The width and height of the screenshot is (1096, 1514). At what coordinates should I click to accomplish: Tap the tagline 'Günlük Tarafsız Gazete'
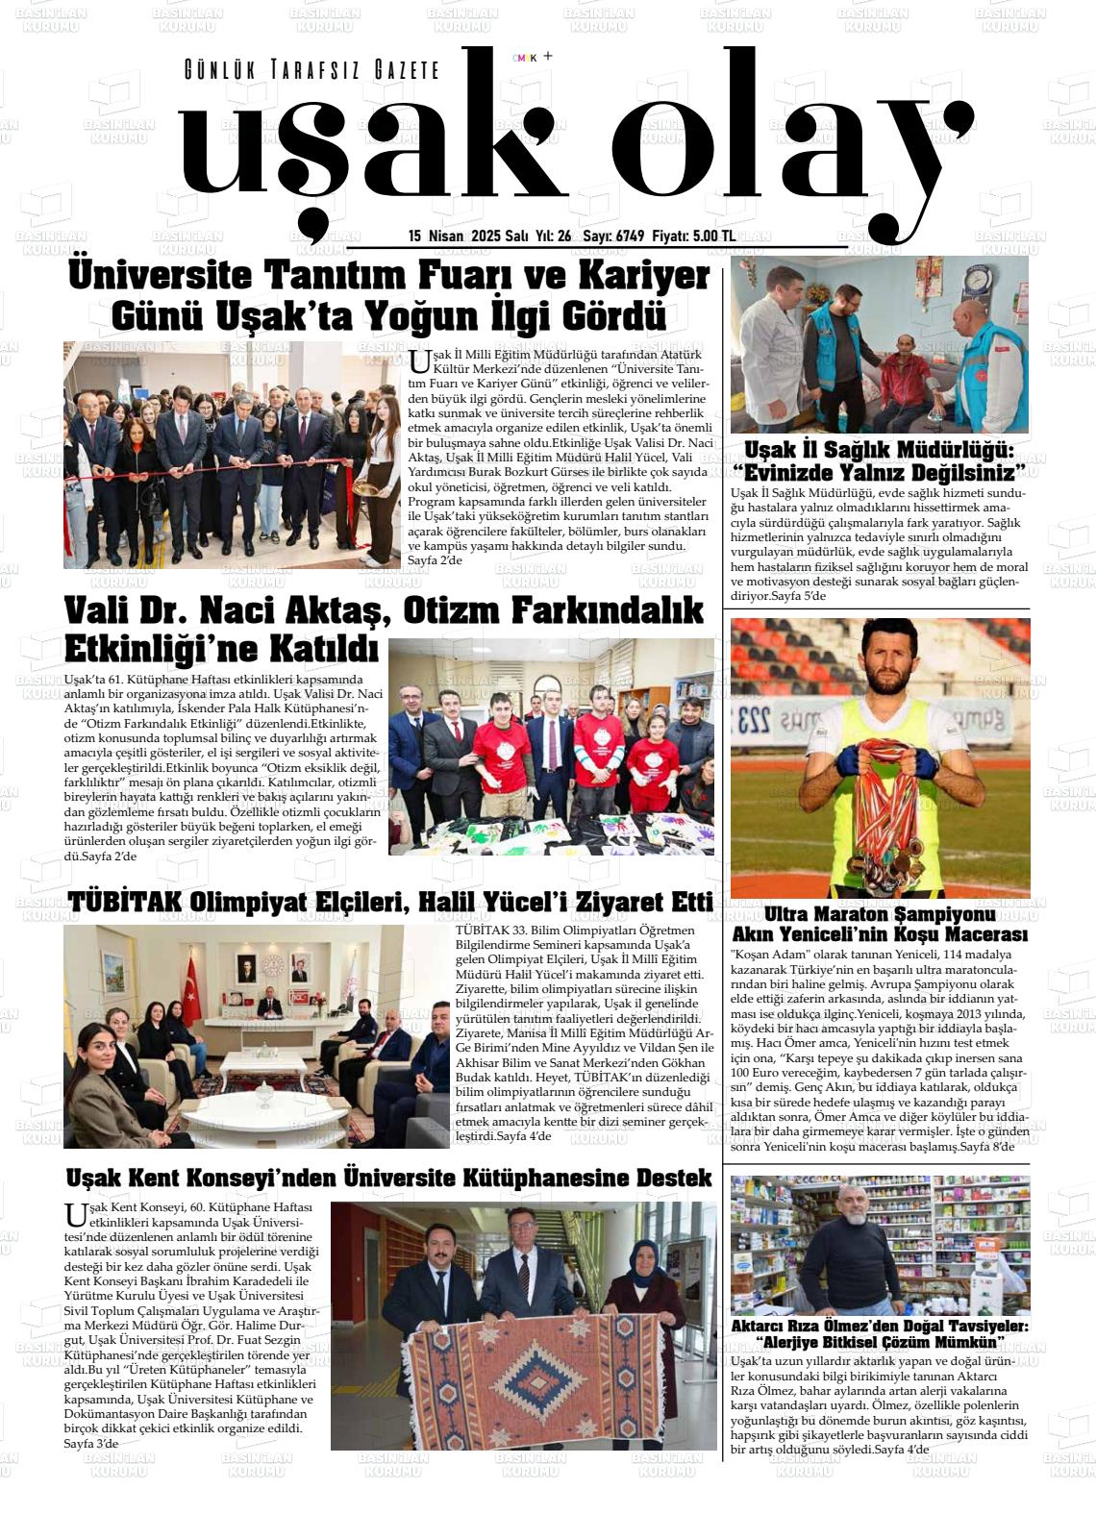tap(311, 70)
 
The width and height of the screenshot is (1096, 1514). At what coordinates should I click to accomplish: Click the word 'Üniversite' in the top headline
tap(160, 277)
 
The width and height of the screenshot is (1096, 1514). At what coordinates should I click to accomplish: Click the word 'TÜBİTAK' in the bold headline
tap(124, 903)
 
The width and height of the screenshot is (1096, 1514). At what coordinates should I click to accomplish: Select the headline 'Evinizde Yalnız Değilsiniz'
tap(880, 471)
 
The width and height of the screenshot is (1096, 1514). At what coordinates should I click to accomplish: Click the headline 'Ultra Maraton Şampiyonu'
tap(880, 913)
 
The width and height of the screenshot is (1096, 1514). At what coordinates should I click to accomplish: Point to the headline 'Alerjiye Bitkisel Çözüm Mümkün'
tap(880, 1342)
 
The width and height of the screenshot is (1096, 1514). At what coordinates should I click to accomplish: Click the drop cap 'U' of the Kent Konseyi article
tap(74, 1214)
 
